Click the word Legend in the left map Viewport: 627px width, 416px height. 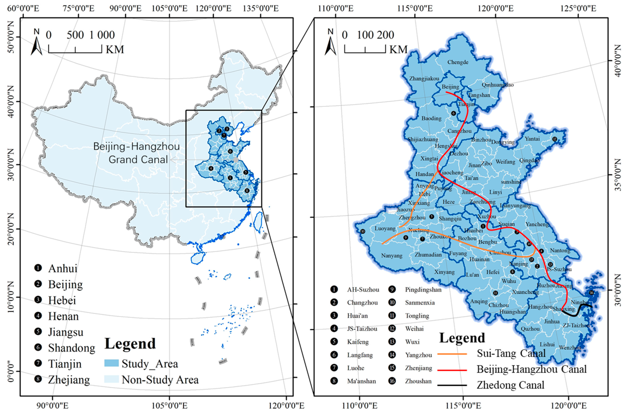point(130,344)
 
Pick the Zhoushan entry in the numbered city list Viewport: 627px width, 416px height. point(418,381)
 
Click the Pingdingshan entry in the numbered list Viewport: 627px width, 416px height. point(423,290)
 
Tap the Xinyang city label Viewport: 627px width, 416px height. point(444,272)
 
